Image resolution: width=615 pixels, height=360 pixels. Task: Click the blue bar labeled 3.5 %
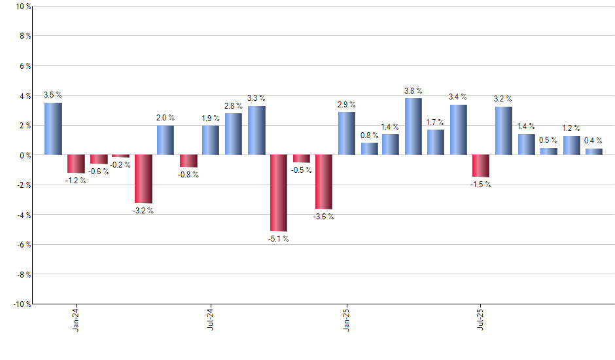coord(53,129)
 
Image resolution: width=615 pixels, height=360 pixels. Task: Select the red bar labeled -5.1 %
coord(279,193)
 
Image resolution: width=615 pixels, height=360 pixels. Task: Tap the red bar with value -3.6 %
coord(324,182)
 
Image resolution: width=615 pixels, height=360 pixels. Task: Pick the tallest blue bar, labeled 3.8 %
coord(413,126)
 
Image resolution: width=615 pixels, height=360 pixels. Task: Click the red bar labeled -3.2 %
coord(143,179)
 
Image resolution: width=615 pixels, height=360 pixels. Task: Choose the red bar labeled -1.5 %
coord(481,166)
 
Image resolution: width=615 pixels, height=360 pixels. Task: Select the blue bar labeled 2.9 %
coord(347,134)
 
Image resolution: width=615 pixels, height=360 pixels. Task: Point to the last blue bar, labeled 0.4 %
coord(593,152)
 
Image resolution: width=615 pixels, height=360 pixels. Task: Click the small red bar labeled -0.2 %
coord(120,156)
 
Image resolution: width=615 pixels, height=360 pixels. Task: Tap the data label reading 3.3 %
coord(256,98)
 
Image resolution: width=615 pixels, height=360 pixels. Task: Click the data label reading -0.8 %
coord(188,175)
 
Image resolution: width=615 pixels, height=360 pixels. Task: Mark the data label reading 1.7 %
coord(435,122)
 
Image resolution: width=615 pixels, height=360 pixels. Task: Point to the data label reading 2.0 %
coord(166,118)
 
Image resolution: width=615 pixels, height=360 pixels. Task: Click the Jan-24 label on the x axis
coord(76,319)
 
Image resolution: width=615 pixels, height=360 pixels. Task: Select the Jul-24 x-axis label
coord(211,319)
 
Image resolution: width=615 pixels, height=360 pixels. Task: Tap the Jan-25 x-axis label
coord(346,319)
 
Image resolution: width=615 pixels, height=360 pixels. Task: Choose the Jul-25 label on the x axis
coord(481,319)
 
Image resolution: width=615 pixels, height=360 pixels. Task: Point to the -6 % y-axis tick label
coord(21,245)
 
